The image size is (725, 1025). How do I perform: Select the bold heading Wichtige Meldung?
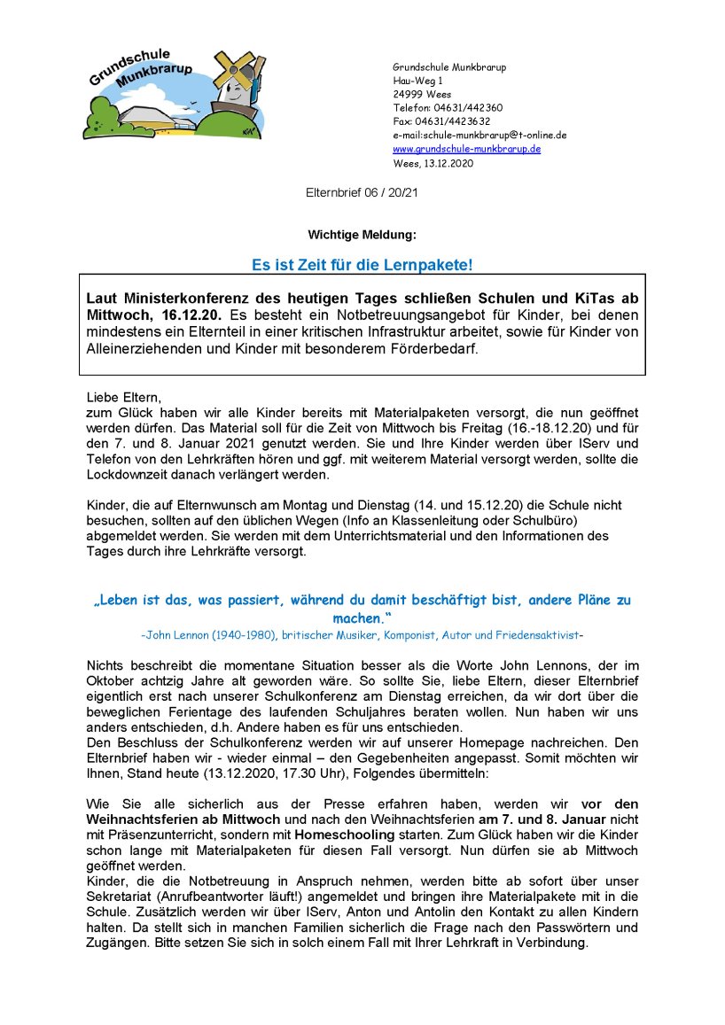[362, 235]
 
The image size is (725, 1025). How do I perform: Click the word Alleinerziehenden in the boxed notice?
[142, 348]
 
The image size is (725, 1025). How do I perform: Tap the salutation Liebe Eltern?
[123, 398]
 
